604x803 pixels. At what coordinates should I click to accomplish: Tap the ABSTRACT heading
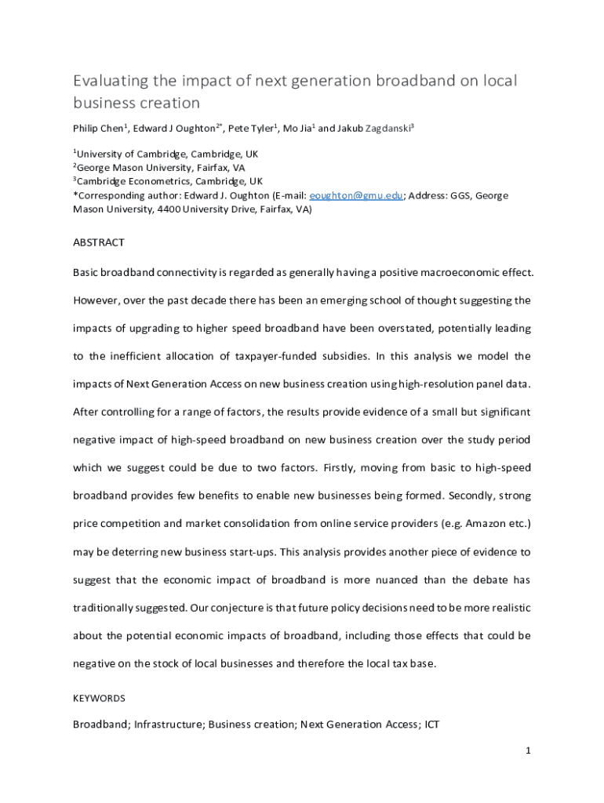coord(99,242)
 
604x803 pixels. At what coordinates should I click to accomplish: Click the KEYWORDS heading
coord(99,697)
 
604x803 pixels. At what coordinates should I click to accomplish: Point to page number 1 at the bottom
coord(529,750)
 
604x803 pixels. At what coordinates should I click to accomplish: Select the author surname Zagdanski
coord(388,129)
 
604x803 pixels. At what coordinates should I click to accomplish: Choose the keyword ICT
coord(431,725)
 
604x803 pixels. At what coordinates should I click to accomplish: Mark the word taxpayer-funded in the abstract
coord(273,356)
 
